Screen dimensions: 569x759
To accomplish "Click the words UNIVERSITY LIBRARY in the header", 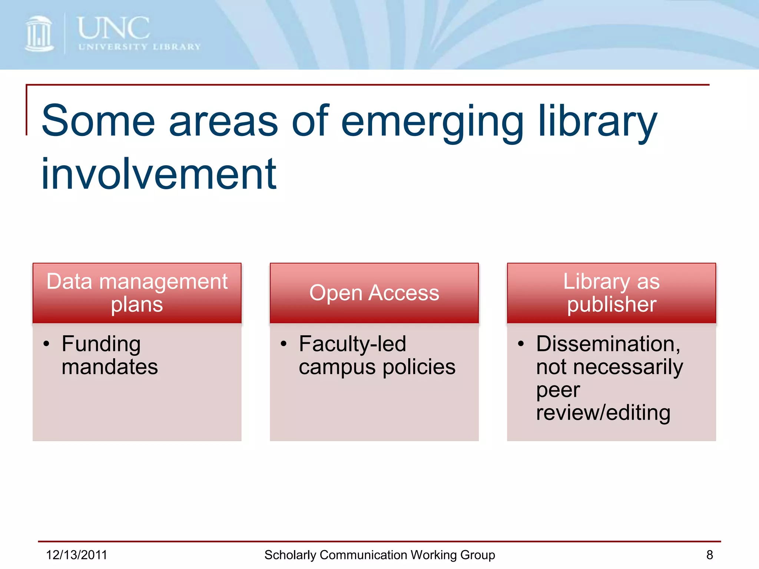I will tap(139, 47).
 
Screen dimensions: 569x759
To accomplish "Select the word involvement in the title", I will tap(159, 174).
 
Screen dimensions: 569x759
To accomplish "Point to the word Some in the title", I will tap(98, 121).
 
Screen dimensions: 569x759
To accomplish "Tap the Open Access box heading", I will tap(374, 293).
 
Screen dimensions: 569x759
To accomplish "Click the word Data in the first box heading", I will tap(69, 281).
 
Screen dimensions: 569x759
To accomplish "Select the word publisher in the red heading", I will tap(611, 305).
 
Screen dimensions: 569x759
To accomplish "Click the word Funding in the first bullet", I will tap(101, 344).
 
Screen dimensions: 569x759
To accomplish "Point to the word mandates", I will tap(110, 367).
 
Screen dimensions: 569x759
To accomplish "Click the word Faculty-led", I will tap(352, 344).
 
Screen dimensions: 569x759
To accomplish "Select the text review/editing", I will tap(603, 413).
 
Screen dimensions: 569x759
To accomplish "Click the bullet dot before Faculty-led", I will tap(284, 344).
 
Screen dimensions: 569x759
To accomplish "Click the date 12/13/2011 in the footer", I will tap(76, 555).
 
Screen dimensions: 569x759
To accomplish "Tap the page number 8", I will tap(709, 555).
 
